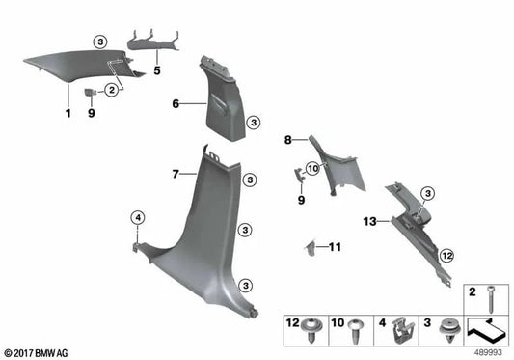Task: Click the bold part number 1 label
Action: click(68, 113)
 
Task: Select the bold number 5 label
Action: click(156, 71)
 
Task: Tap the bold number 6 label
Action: click(176, 103)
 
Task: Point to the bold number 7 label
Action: click(176, 174)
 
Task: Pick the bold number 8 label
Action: click(287, 141)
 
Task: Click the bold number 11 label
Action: click(335, 248)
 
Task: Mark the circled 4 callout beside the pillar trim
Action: click(138, 218)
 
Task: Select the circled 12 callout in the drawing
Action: click(446, 255)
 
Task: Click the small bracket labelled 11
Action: click(311, 248)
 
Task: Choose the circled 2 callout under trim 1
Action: click(113, 90)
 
